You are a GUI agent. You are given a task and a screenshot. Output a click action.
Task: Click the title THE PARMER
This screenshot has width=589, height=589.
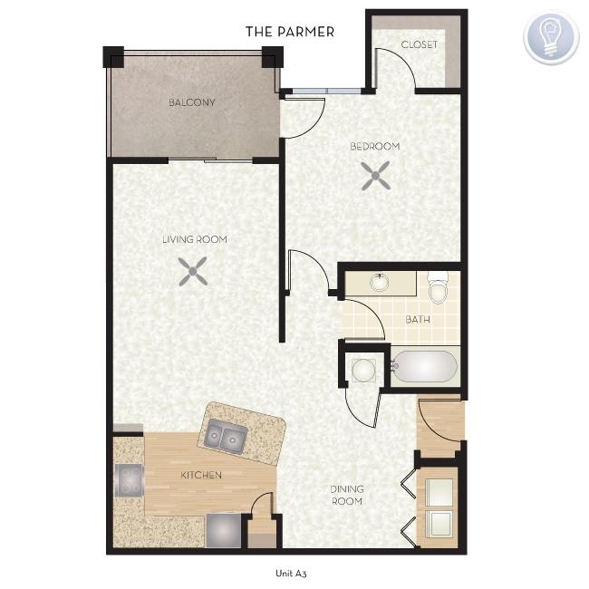pos(290,32)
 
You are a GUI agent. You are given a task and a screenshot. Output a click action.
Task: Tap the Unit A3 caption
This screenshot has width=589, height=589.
pos(291,574)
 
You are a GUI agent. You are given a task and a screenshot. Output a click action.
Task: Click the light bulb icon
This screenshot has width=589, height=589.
pos(551,37)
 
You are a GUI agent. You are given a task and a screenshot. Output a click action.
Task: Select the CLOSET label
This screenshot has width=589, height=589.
pos(420,44)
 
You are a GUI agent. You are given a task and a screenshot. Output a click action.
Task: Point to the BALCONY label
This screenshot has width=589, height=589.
pos(192,102)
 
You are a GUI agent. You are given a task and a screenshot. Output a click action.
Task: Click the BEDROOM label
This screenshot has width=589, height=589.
pos(375,146)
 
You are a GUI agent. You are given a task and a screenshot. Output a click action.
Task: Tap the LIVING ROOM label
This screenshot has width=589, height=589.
pos(195,239)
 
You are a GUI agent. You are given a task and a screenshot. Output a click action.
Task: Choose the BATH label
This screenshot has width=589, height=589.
pos(418,320)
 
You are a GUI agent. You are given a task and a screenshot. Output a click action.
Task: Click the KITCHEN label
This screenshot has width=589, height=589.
pos(201,475)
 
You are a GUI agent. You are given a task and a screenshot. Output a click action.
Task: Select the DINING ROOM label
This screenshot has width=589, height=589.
pos(347,495)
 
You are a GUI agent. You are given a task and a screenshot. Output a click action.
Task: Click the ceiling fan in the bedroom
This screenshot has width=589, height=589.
pos(376,176)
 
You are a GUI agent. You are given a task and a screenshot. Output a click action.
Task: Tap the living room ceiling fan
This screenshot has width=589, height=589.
pos(193,271)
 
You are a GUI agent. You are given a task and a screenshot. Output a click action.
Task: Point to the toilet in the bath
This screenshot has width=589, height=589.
pos(439,287)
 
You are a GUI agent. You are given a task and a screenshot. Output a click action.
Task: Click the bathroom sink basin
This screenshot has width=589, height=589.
pos(380,283)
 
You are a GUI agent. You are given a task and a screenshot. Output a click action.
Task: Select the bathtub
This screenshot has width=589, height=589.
pos(424,366)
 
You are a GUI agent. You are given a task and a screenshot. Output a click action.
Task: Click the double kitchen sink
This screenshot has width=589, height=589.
pos(225,437)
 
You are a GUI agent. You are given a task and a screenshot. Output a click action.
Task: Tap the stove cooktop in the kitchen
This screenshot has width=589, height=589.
pos(130,480)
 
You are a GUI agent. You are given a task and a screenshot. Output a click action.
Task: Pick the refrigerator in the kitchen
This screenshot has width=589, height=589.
pos(224,530)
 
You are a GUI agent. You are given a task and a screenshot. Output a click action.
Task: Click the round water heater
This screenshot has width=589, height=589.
pos(363,371)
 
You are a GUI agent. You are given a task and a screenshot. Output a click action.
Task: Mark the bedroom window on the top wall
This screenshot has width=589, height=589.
pos(327,92)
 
